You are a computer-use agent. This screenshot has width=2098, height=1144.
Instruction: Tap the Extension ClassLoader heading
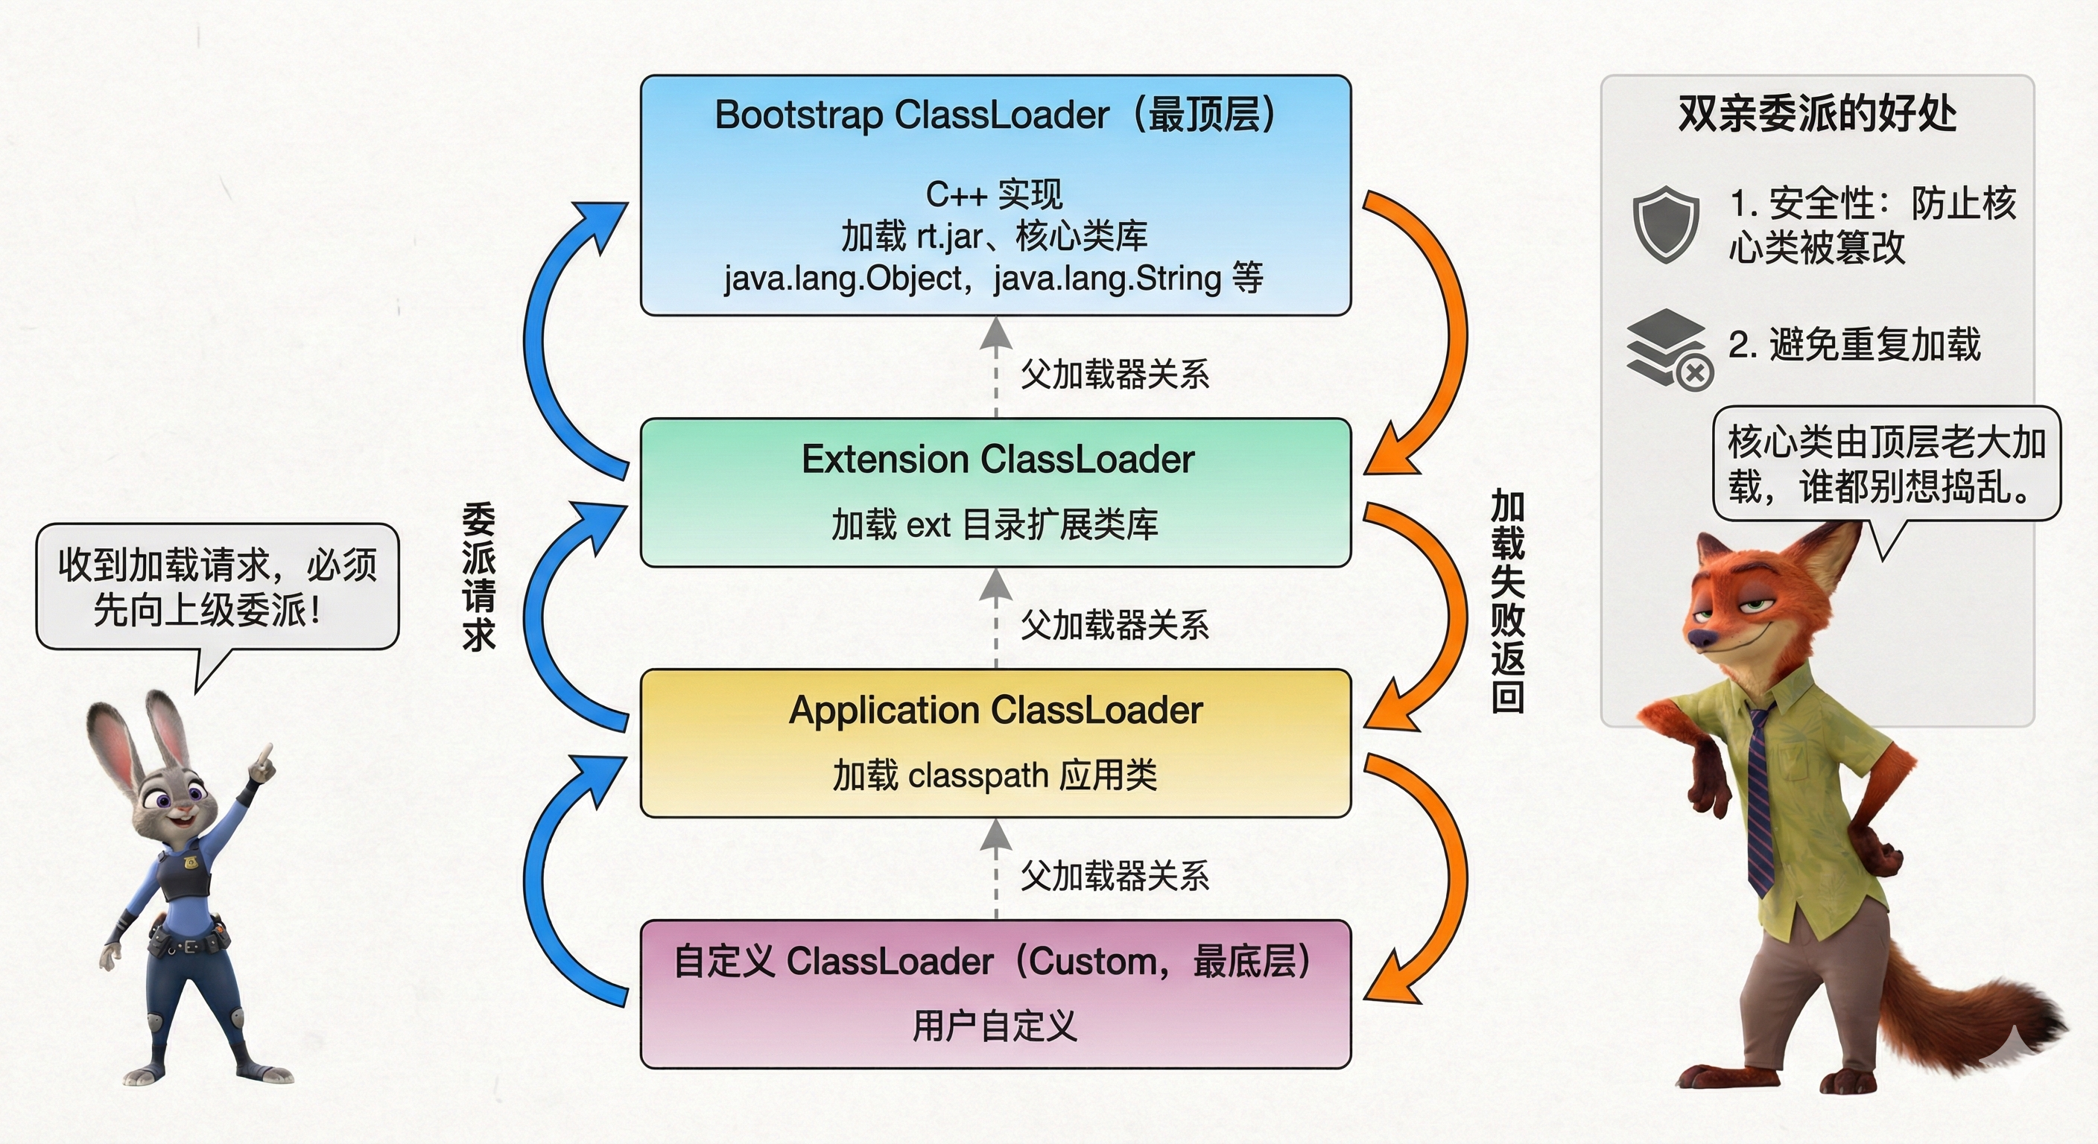tap(997, 460)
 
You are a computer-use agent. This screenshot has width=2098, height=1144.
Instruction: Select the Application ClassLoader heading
tap(995, 710)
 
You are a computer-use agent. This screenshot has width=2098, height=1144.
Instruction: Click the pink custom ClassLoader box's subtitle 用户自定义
tap(995, 1025)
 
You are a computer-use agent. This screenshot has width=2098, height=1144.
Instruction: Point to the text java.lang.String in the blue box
tap(1108, 279)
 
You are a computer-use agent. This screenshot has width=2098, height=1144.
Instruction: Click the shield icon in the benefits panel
tap(1666, 224)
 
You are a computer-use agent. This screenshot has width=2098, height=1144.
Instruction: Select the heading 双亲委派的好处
tap(1817, 113)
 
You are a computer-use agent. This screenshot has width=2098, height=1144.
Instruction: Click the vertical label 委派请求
tap(479, 576)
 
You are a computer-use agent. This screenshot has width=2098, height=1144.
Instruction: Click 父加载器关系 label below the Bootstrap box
tap(1114, 375)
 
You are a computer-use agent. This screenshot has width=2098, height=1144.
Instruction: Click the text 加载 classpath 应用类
tap(995, 775)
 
